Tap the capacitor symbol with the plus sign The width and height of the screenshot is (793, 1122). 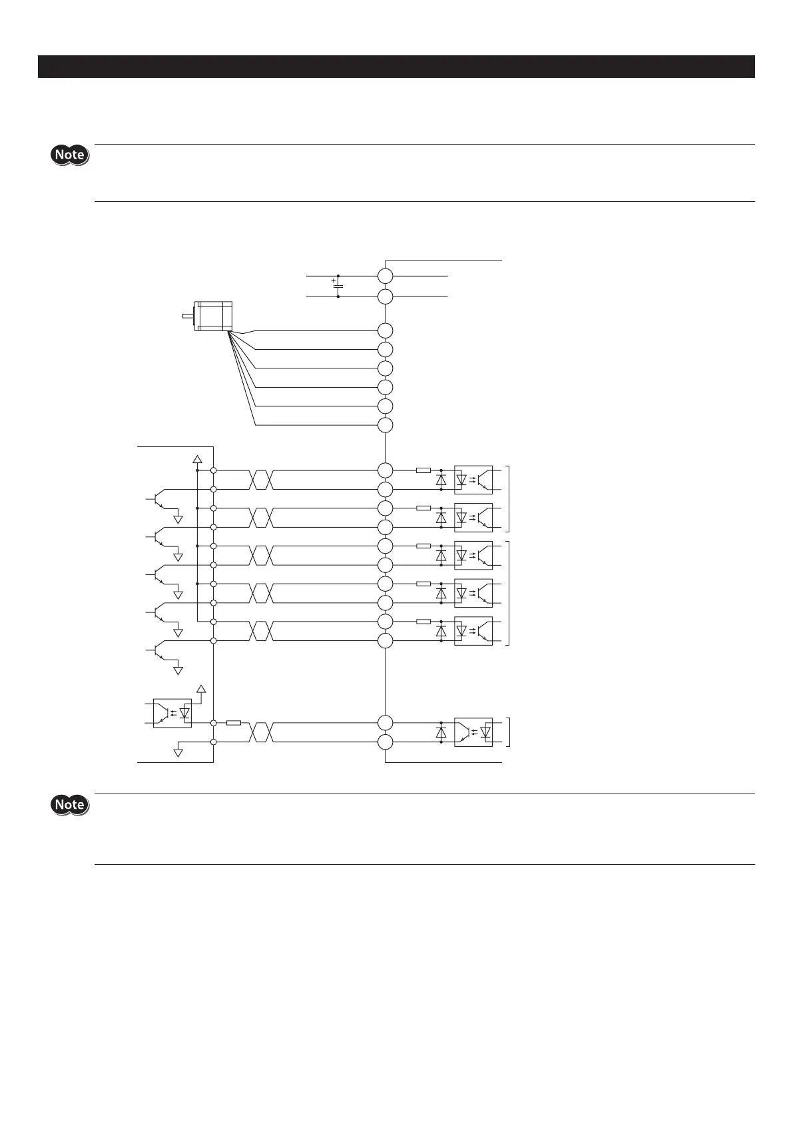(x=338, y=286)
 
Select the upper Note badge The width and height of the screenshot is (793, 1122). (x=70, y=155)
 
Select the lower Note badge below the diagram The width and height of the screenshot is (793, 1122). (x=70, y=805)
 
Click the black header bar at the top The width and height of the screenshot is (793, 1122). (x=396, y=67)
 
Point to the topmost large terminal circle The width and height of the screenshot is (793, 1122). (x=386, y=276)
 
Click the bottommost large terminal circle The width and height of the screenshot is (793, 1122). (x=386, y=742)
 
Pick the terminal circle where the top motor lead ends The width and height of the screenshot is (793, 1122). (x=386, y=330)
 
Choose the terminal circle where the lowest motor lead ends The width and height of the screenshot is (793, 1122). (x=386, y=425)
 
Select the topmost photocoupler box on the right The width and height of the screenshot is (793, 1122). (x=473, y=480)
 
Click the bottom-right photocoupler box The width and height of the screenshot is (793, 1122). (x=473, y=732)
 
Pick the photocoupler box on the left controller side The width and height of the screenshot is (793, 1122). (x=172, y=713)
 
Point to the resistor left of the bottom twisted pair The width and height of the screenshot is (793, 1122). (x=233, y=723)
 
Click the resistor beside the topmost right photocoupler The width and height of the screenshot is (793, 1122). (x=423, y=470)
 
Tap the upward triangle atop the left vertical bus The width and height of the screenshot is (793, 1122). (x=197, y=458)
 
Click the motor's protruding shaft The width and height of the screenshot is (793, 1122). (x=188, y=316)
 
